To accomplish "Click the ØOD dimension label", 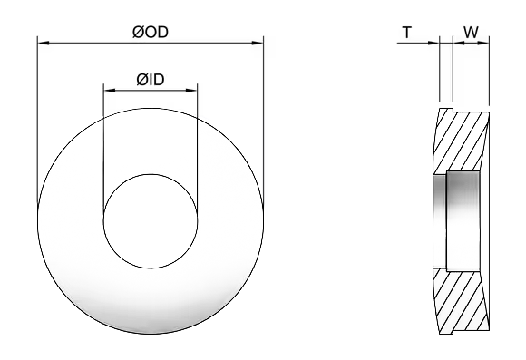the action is tap(151, 33).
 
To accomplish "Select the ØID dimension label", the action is tap(151, 80).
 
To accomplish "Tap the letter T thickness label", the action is tap(406, 33).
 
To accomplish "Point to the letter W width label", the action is tap(471, 33).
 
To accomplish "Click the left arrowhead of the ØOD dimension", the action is tap(44, 43).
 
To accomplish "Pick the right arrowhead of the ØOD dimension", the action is tap(258, 43).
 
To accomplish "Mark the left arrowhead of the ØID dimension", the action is tap(110, 91).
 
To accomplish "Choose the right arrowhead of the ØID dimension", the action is tap(191, 91).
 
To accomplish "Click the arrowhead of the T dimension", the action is tap(433, 43).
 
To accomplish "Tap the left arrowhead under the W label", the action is tap(459, 43).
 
